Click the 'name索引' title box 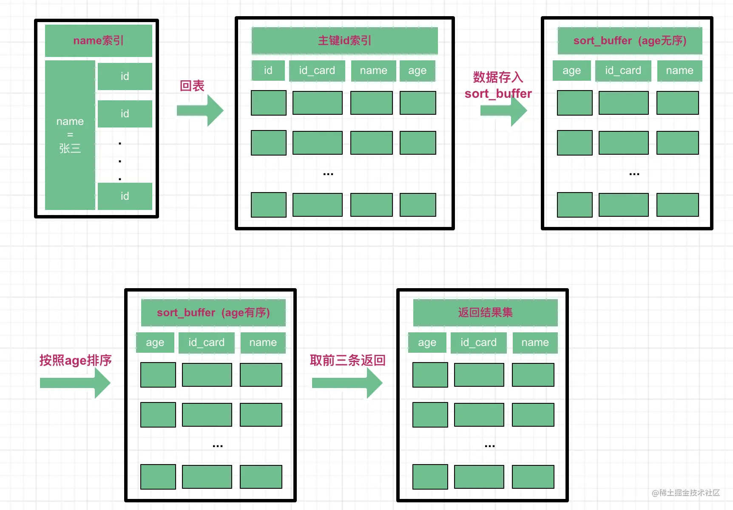click(99, 41)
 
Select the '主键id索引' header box click(345, 41)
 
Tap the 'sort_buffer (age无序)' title click(630, 41)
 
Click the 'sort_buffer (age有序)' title click(213, 313)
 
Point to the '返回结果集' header click(486, 313)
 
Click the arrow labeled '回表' click(200, 110)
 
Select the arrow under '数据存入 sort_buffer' click(504, 110)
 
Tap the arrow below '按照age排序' click(75, 383)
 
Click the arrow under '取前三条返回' click(347, 383)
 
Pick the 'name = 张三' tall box click(70, 135)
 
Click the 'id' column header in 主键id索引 click(268, 71)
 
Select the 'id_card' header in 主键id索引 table click(317, 71)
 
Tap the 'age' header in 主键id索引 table click(418, 71)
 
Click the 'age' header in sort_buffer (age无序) click(572, 71)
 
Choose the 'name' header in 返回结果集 click(535, 343)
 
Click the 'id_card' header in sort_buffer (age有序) click(207, 343)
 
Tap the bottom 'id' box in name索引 click(125, 196)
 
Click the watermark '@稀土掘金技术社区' click(686, 493)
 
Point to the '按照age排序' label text click(76, 360)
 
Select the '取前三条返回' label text click(348, 360)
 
